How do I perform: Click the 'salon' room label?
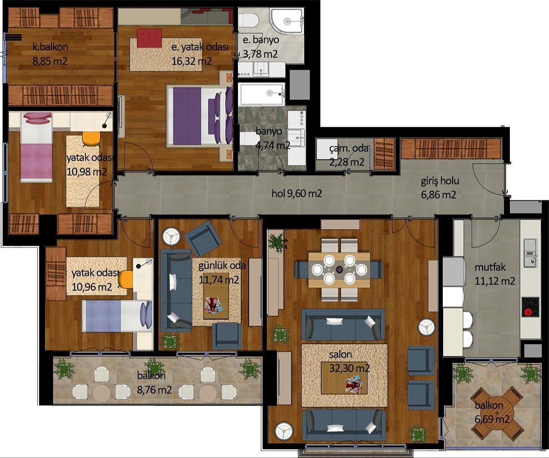coord(340,354)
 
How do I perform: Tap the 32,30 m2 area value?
coord(349,368)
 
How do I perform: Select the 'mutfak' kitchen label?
coord(490,267)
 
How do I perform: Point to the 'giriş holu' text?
coord(440,181)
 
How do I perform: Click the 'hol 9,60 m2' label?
coord(297,193)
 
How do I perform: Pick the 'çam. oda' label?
coord(348,148)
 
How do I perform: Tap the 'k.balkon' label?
coord(50,47)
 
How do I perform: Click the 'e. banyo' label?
coord(260,40)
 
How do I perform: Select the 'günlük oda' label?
coord(222,266)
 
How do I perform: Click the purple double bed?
coord(200,116)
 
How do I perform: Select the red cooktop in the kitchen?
coord(530,307)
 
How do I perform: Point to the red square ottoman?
coord(149,38)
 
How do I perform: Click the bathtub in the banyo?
coord(262,94)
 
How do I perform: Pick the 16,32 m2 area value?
coord(191,61)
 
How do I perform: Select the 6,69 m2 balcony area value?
coord(492,419)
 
